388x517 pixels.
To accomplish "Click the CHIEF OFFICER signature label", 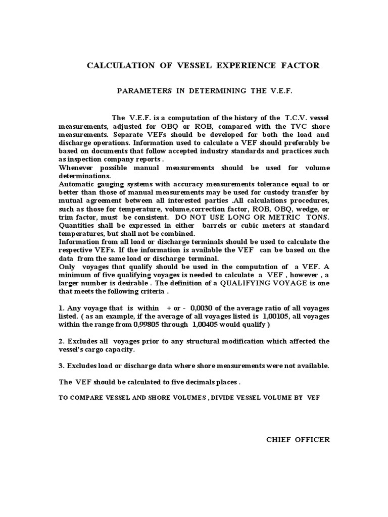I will coord(298,439).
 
